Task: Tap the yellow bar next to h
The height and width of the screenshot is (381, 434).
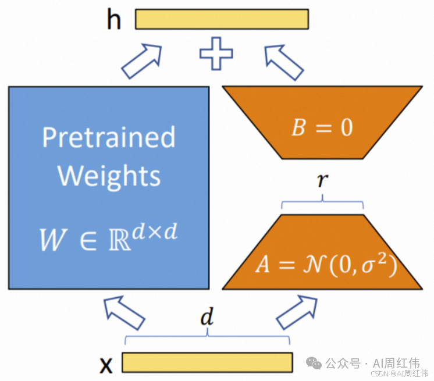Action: (222, 19)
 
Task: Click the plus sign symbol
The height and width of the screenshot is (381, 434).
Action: (216, 54)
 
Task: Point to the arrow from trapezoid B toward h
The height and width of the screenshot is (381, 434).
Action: (284, 60)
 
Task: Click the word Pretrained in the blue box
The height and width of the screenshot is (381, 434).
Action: (109, 138)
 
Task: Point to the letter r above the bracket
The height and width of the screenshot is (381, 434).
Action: (322, 182)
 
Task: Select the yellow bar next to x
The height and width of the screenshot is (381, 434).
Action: (207, 361)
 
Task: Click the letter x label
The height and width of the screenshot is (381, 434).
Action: (106, 365)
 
